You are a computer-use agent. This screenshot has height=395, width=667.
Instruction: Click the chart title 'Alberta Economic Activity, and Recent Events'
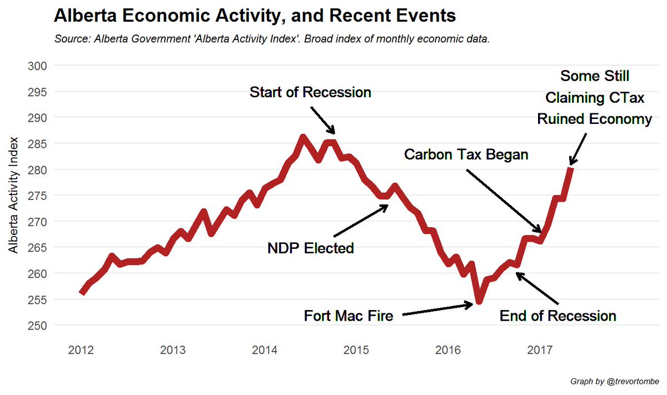tap(255, 16)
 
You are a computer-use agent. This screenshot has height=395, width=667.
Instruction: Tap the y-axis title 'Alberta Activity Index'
tap(13, 195)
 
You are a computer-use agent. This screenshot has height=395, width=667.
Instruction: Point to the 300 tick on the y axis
tap(37, 66)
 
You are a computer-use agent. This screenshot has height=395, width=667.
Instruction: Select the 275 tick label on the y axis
tap(37, 196)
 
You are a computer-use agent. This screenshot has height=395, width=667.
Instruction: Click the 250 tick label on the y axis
tap(37, 326)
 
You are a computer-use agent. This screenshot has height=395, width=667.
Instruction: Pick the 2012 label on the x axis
tap(81, 351)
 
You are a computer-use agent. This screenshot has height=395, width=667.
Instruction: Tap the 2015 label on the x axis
tap(356, 351)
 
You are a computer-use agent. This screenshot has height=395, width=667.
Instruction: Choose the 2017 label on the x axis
tap(540, 351)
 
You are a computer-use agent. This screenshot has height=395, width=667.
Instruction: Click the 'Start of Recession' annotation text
tap(310, 92)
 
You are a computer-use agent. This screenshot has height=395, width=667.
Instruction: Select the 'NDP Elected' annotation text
tap(311, 248)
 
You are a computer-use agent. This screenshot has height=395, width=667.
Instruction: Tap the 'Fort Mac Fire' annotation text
tap(349, 316)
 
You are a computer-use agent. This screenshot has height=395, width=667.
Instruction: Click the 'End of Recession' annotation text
tap(558, 316)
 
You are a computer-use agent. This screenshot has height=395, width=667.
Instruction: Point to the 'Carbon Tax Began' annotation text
tap(466, 154)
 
